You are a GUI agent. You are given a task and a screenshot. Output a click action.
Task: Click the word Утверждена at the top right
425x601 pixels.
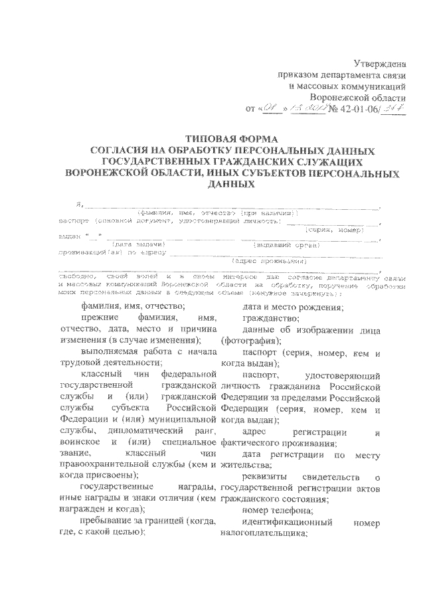[x=380, y=64]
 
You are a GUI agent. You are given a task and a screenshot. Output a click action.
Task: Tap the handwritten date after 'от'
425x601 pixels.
[x=293, y=108]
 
